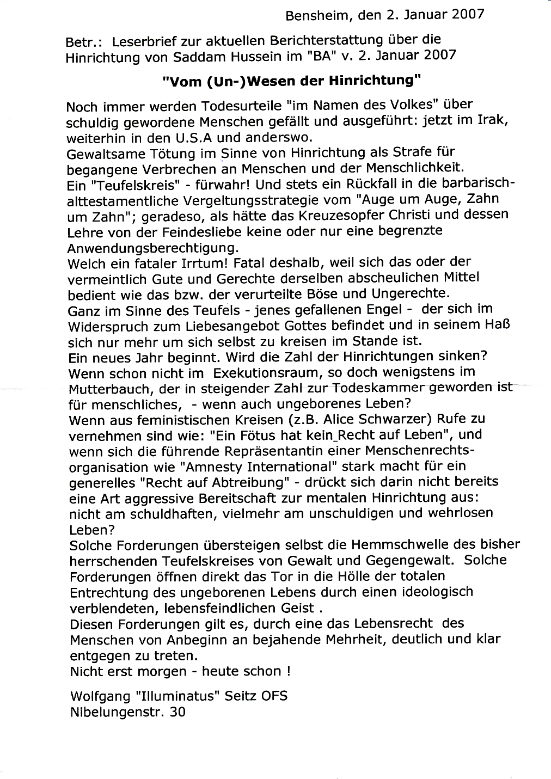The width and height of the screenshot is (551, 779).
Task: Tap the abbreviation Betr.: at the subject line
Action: [x=81, y=42]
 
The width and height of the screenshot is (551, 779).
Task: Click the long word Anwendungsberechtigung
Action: [x=152, y=248]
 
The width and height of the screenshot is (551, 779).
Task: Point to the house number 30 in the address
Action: [x=177, y=711]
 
